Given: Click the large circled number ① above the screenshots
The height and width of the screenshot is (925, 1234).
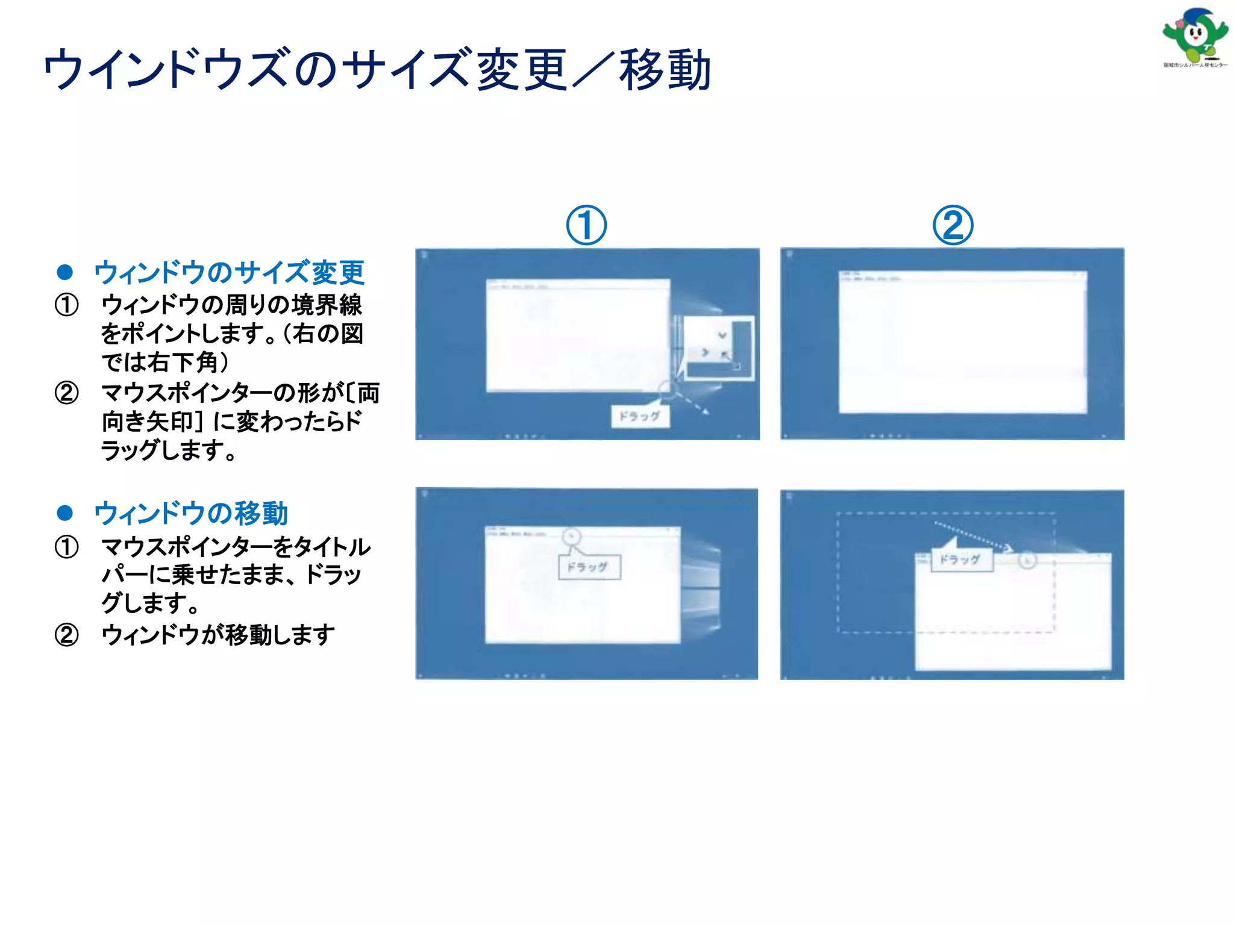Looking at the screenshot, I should click(x=586, y=225).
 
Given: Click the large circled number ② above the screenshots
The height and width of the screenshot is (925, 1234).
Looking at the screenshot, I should click(x=953, y=225).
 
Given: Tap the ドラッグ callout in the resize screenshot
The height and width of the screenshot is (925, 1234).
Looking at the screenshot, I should click(x=640, y=416).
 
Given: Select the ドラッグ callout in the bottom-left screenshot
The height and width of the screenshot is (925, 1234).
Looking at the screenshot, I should click(x=589, y=567).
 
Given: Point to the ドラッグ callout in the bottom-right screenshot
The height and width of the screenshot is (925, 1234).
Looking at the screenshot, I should click(x=961, y=559).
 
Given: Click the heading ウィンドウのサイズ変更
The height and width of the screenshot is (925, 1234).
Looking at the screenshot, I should click(x=229, y=272).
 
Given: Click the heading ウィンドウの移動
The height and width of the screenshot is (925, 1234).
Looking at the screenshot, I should click(x=191, y=513).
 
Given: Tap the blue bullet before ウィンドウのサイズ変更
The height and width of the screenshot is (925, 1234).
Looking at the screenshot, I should click(x=65, y=272).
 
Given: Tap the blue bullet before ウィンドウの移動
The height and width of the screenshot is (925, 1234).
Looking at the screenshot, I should click(x=65, y=513).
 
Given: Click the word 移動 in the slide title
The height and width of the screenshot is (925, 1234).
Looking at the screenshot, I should click(x=665, y=70).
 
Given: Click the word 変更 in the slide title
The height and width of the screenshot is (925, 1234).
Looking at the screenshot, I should click(x=522, y=70).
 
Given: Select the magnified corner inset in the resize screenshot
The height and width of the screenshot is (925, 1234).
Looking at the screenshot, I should click(x=718, y=348).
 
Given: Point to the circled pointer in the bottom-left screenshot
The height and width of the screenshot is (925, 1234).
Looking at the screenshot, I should click(x=571, y=535).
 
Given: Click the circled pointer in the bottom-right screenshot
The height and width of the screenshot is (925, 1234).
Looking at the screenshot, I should click(x=1027, y=561).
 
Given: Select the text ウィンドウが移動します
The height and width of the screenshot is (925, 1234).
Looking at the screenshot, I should click(x=218, y=635).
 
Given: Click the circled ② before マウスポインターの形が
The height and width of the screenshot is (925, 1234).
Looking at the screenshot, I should click(x=67, y=393).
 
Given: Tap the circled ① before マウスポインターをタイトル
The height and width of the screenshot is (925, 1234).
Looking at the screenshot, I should click(x=67, y=547).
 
